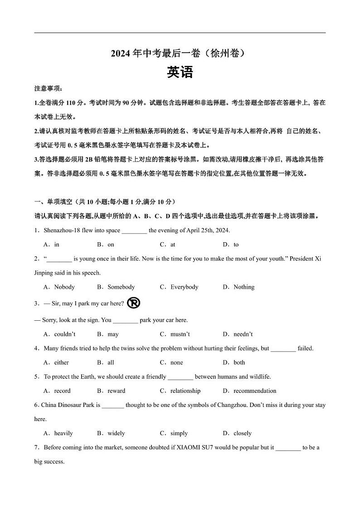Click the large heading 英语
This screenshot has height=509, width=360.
click(x=180, y=73)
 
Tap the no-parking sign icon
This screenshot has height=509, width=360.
click(x=134, y=303)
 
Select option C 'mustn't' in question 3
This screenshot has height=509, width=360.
click(x=175, y=334)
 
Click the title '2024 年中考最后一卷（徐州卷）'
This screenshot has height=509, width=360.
click(x=180, y=54)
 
